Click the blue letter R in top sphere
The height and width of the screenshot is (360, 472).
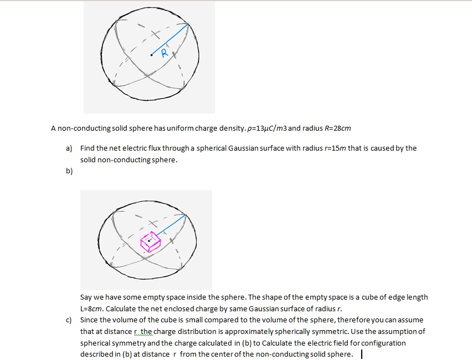[164, 53]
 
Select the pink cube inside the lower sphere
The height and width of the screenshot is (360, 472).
[150, 241]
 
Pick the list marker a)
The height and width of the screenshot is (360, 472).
[69, 148]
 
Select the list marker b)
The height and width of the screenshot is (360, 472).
[69, 171]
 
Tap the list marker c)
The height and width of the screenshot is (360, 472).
[69, 320]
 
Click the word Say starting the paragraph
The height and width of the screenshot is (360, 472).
[87, 297]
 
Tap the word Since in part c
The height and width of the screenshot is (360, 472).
[90, 320]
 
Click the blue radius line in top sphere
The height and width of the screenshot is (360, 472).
[172, 39]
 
